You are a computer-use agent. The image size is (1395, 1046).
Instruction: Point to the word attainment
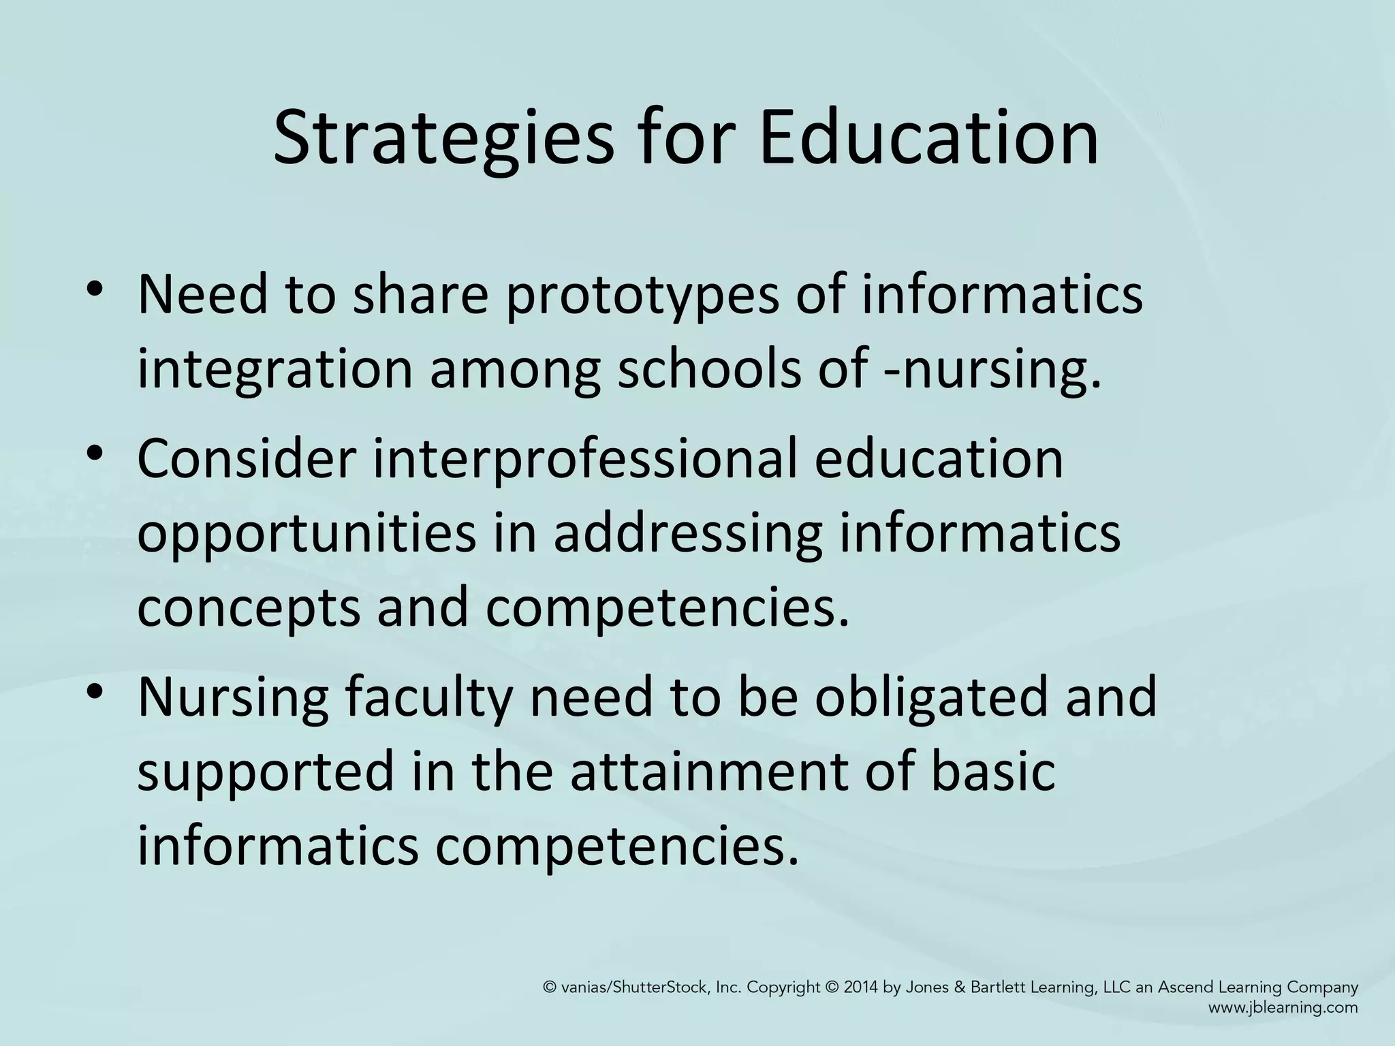[x=708, y=772]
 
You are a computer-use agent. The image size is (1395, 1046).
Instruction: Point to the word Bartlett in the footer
[x=997, y=987]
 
